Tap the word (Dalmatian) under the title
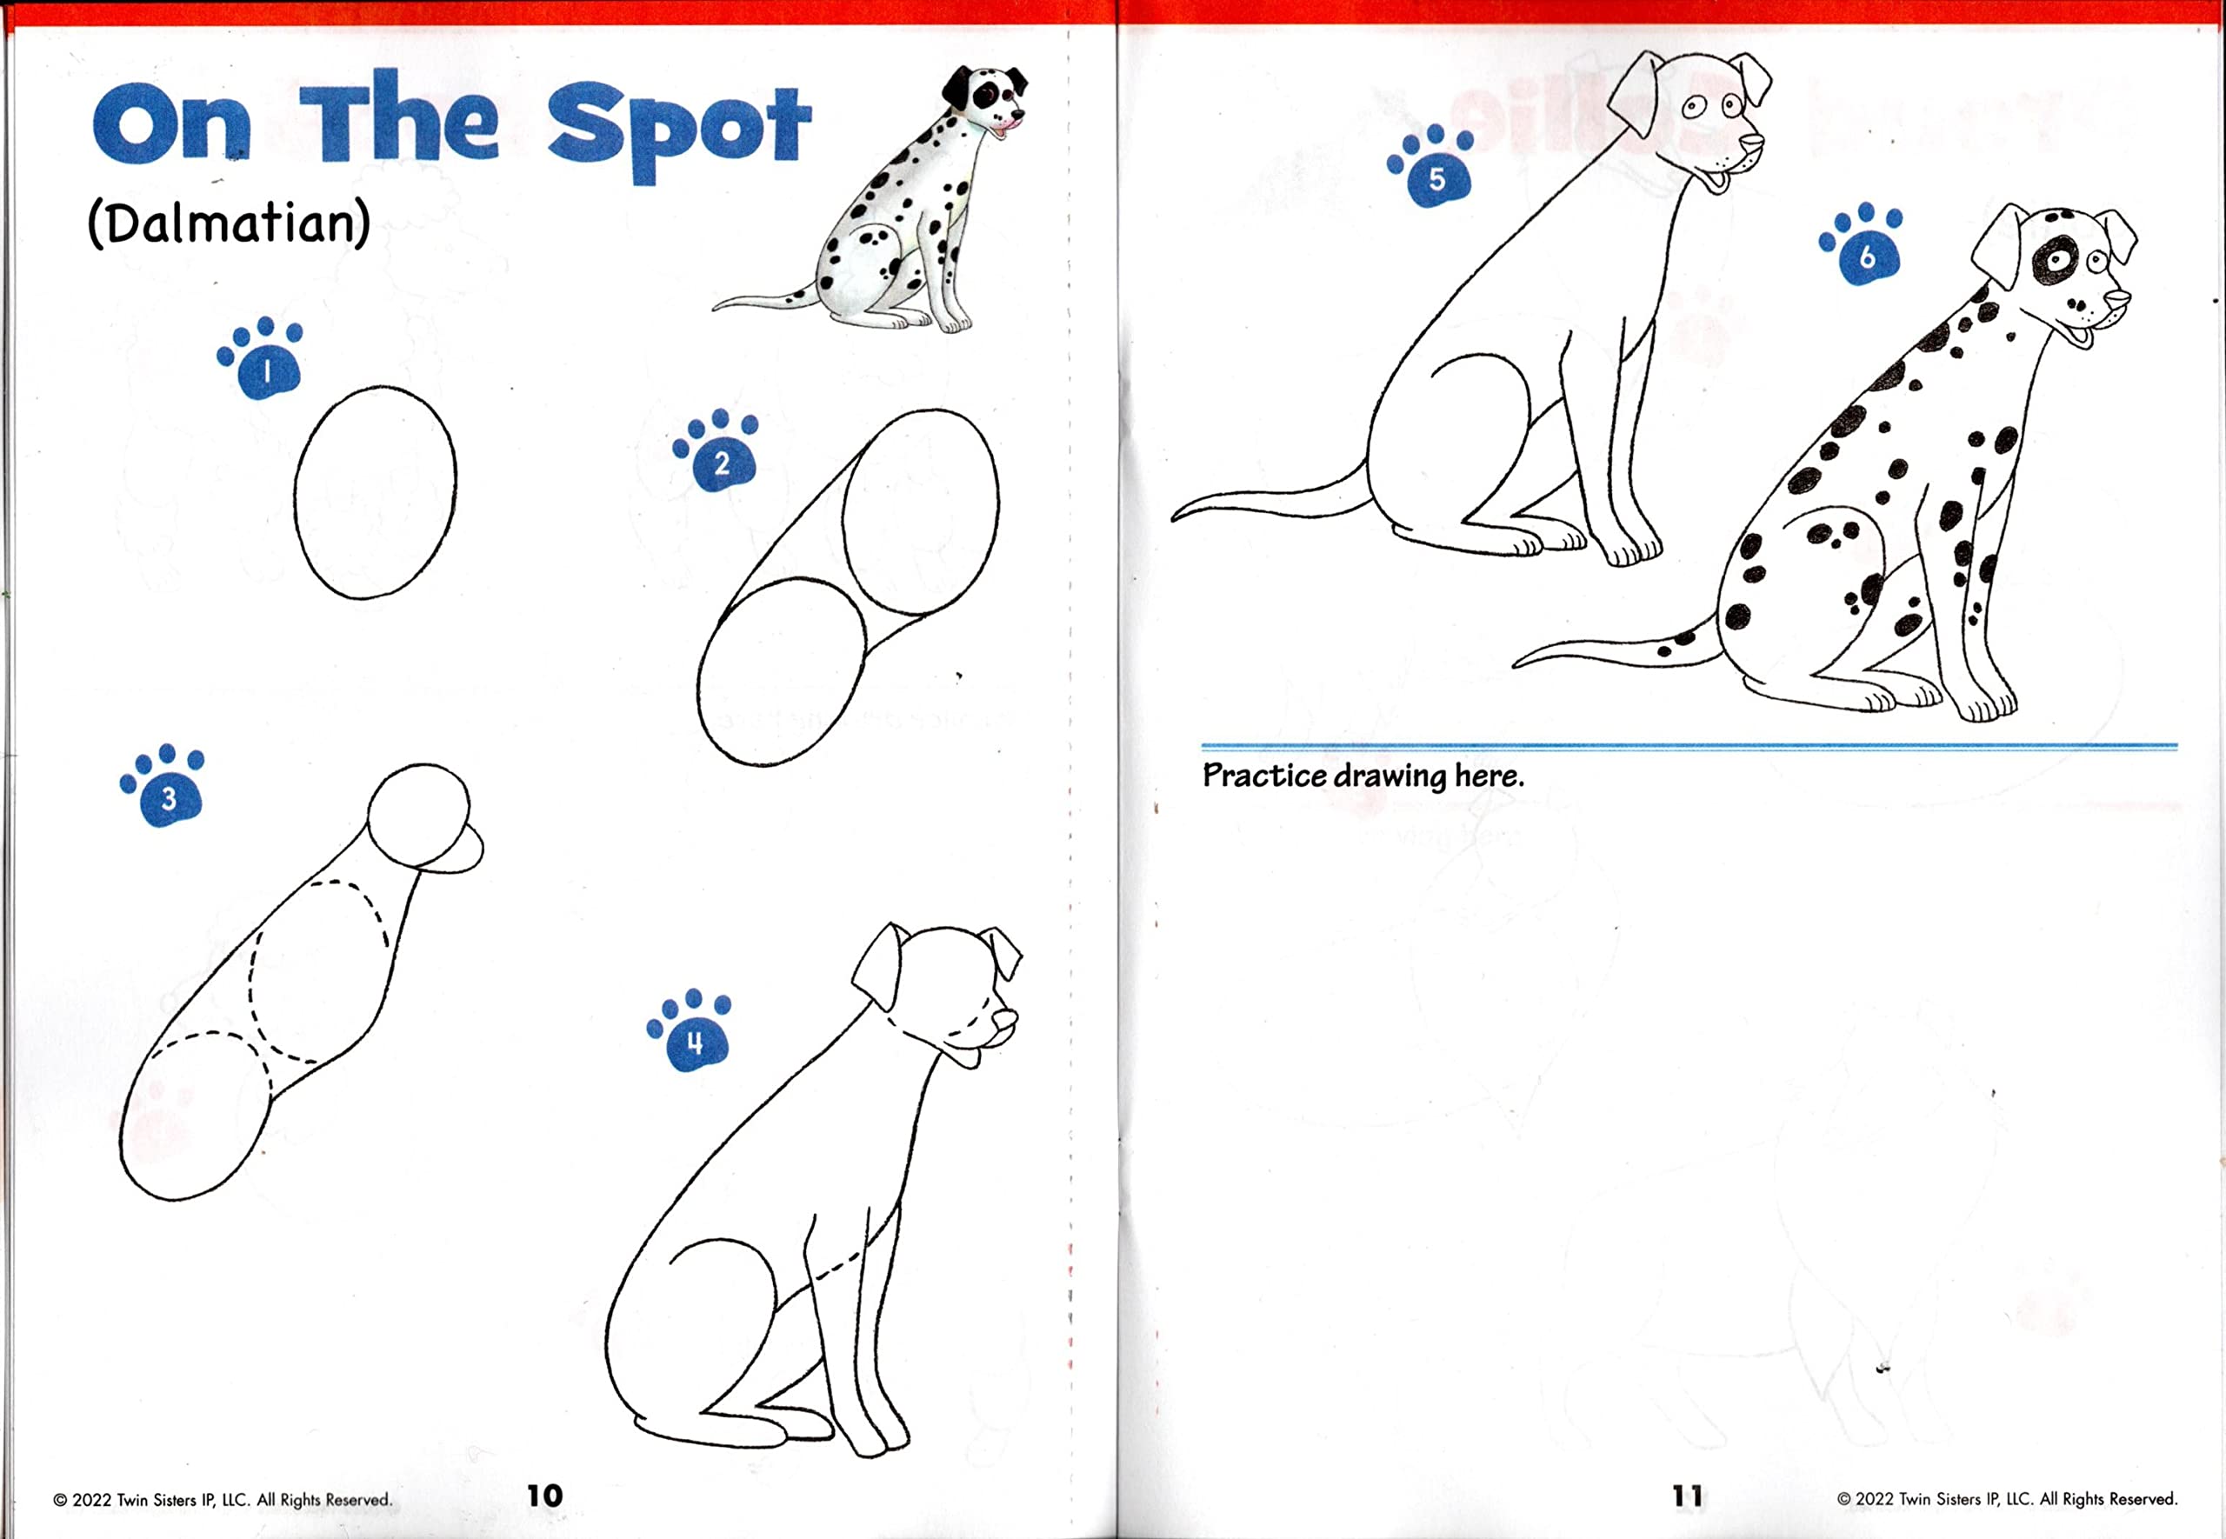[229, 223]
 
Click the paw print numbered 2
[718, 452]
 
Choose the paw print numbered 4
[691, 1032]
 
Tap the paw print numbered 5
[1434, 168]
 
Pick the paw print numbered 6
[1863, 246]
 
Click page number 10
[544, 1496]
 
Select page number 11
[1687, 1496]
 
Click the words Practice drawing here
[1363, 776]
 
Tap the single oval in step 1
[375, 492]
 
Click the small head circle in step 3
[418, 813]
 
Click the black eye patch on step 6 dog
[2055, 260]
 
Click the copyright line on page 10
[223, 1500]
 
